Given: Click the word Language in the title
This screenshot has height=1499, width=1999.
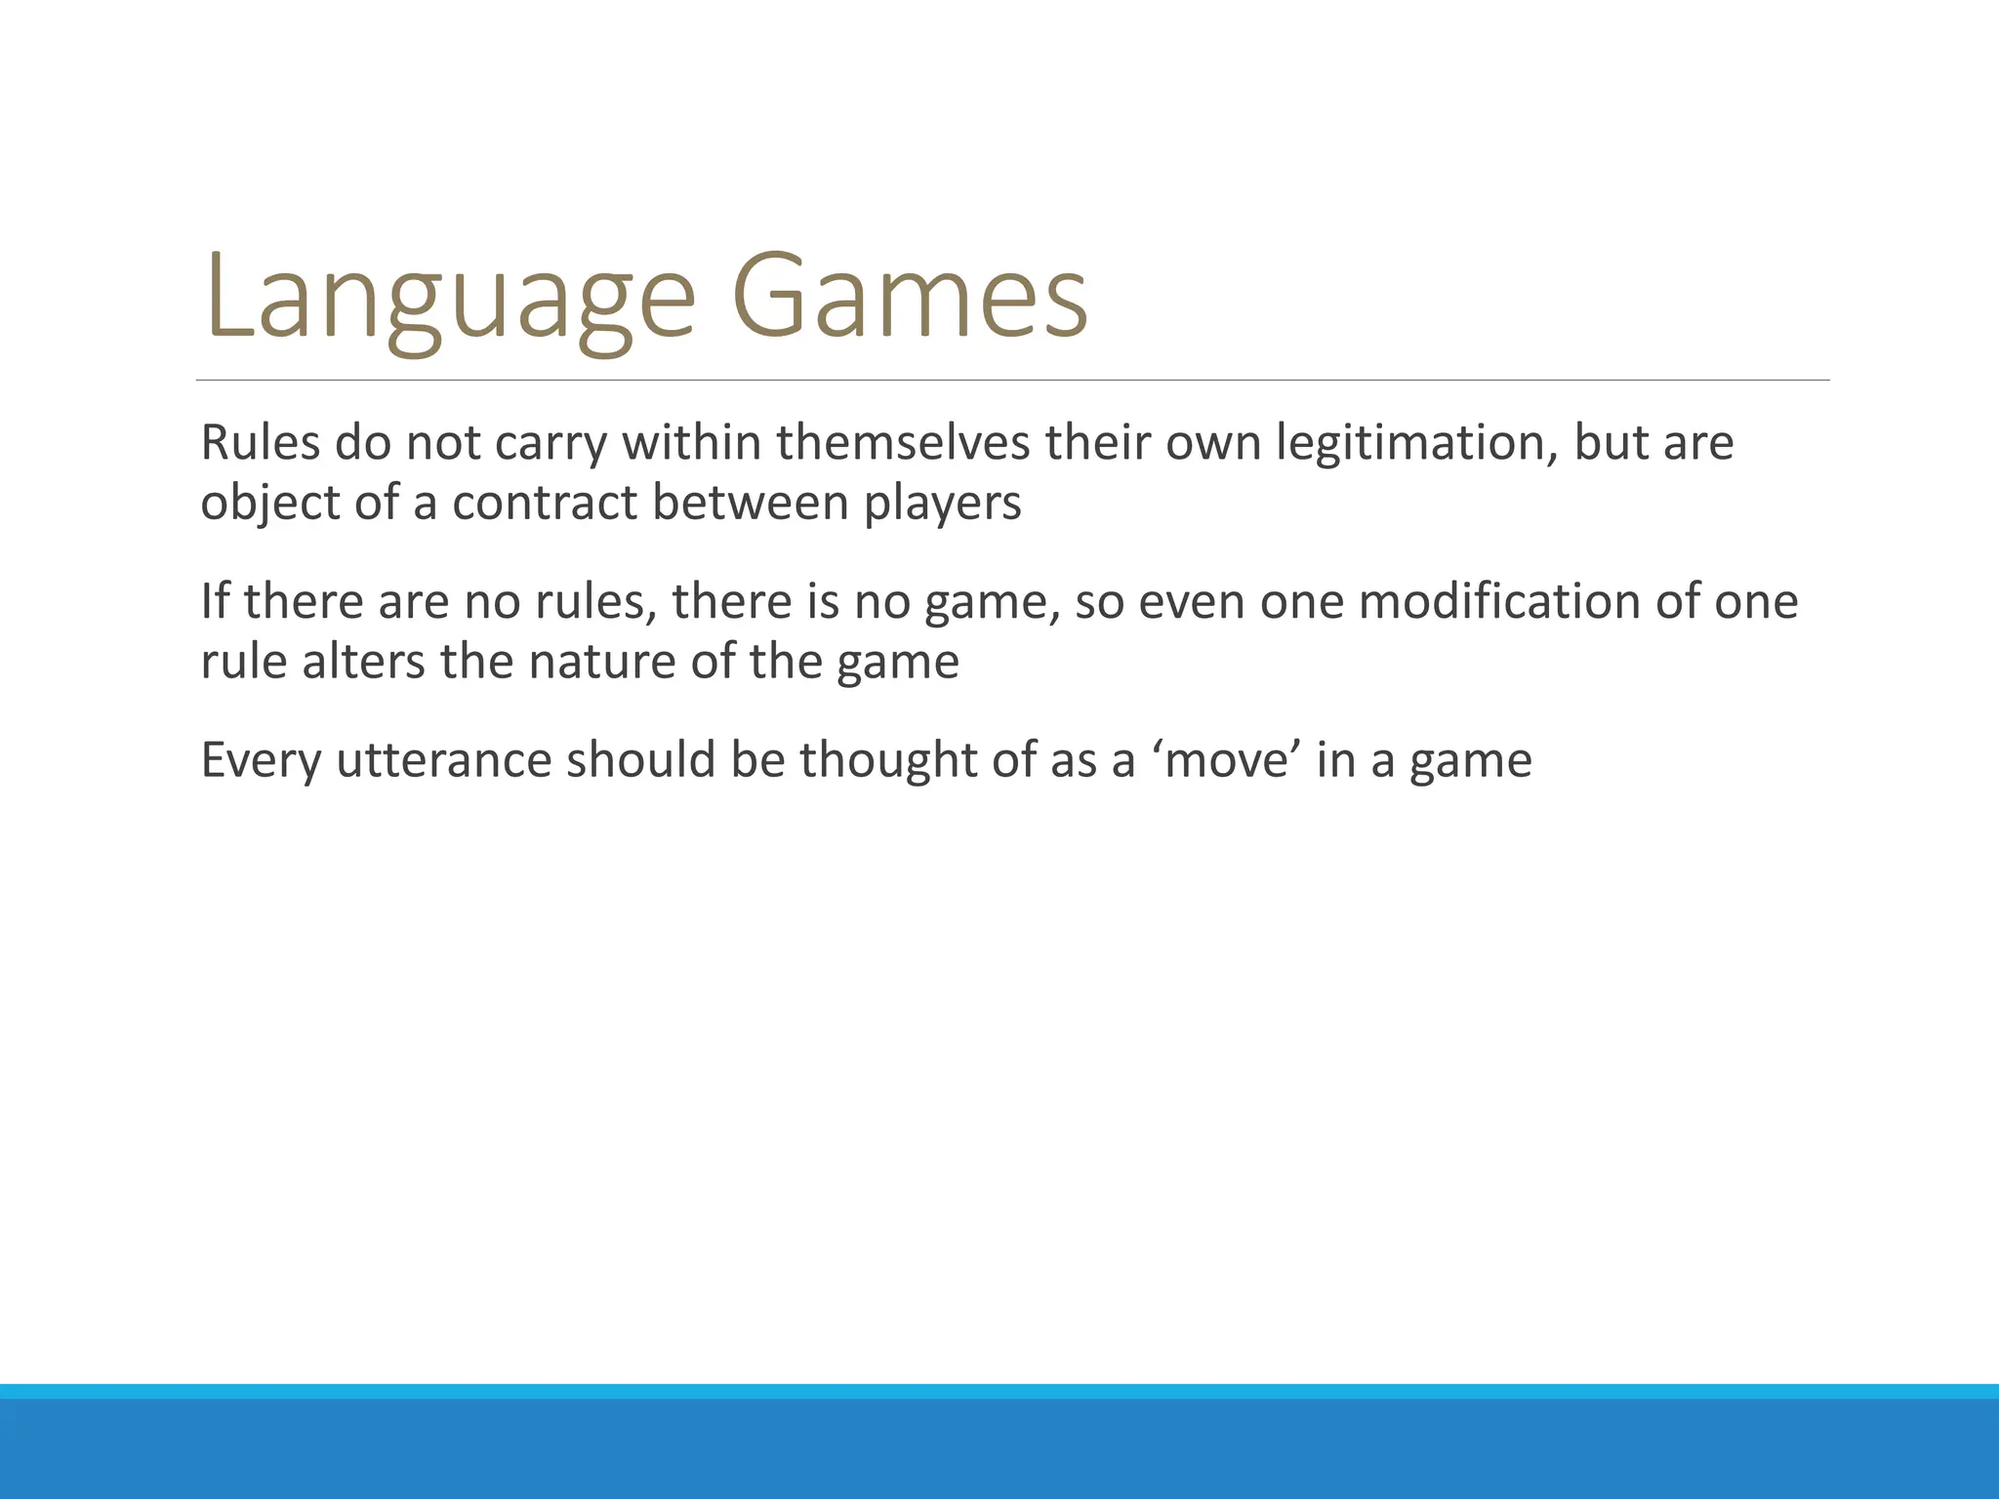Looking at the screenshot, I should tap(449, 298).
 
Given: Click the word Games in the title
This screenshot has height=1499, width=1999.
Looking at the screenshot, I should tap(910, 298).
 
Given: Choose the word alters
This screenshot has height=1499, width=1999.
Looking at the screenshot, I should tap(363, 662).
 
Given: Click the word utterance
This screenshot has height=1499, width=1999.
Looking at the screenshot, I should tap(443, 761).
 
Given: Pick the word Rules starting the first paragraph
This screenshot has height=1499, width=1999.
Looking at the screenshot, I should tap(260, 444).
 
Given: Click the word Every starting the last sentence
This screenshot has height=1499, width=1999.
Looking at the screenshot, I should tap(260, 761).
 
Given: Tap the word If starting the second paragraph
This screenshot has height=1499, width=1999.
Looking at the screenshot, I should tap(215, 602).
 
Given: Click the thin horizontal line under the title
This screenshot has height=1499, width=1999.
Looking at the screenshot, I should tap(1012, 380).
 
